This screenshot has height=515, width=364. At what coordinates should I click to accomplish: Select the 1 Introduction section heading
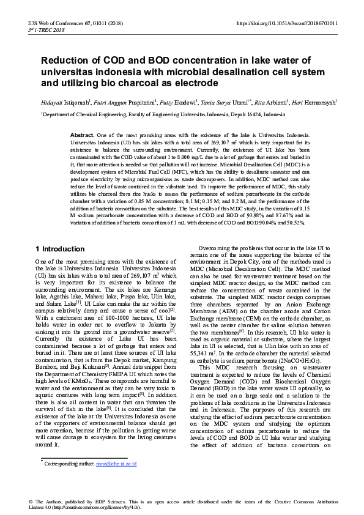pyautogui.click(x=60, y=249)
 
